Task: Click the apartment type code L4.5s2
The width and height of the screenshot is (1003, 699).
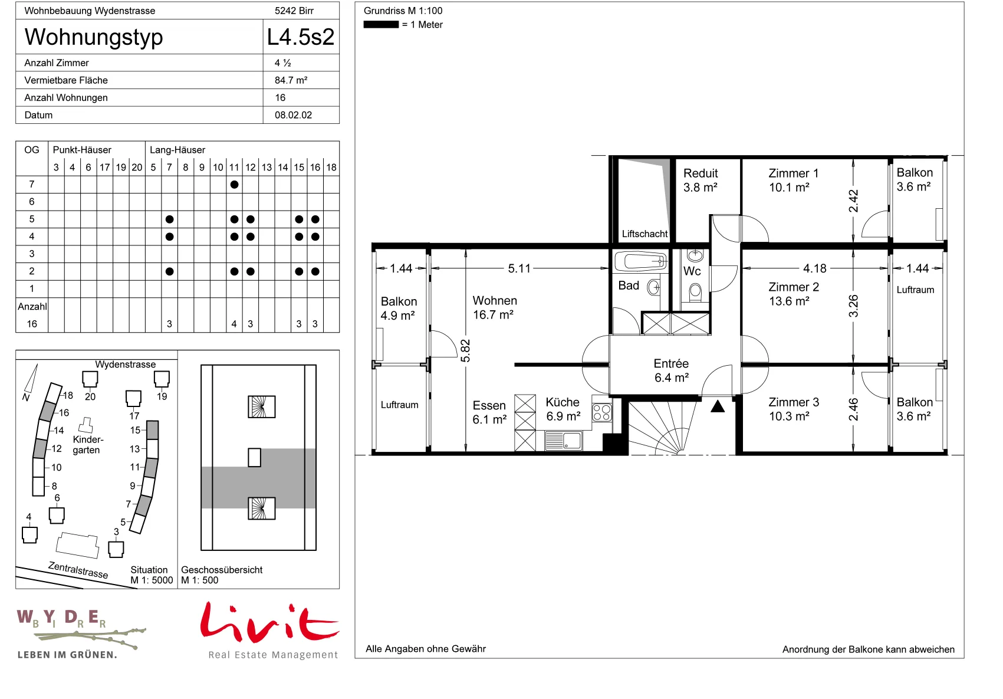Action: [x=301, y=37]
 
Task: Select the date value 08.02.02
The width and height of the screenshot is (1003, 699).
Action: [x=293, y=115]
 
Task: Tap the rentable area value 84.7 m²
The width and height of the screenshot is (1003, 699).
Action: [x=291, y=80]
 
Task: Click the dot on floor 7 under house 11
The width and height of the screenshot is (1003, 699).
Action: [x=234, y=184]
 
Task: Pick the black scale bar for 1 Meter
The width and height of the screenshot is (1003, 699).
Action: [x=381, y=25]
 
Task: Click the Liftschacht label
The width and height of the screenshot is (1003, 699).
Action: [x=644, y=234]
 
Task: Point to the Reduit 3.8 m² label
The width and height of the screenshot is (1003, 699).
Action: [x=701, y=180]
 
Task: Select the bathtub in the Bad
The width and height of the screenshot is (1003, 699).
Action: [x=640, y=261]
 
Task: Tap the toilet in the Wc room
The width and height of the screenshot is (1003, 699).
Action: [x=695, y=292]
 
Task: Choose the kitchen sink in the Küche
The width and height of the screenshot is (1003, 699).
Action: [x=563, y=441]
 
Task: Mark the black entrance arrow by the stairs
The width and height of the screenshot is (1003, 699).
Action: [x=718, y=406]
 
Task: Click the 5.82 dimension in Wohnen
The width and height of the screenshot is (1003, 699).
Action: [x=465, y=350]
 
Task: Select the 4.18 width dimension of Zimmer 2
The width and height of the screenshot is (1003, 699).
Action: [x=814, y=268]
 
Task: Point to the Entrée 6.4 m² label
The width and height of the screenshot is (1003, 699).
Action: [x=671, y=370]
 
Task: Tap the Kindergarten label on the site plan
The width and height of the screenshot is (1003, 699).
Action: [x=88, y=445]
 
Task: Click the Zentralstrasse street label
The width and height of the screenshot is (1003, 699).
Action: [x=78, y=570]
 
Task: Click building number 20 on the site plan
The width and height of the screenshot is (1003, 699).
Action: [x=90, y=396]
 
